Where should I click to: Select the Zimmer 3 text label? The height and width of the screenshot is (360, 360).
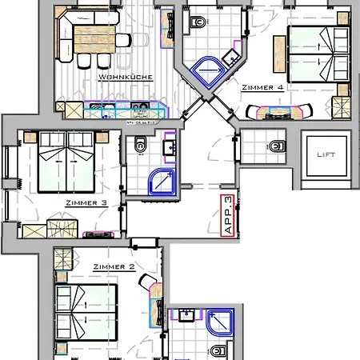click(86, 203)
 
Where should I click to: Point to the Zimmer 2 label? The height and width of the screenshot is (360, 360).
click(113, 266)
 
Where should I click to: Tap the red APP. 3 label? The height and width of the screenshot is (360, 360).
click(229, 214)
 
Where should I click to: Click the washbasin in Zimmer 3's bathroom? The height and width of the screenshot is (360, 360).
click(170, 147)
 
